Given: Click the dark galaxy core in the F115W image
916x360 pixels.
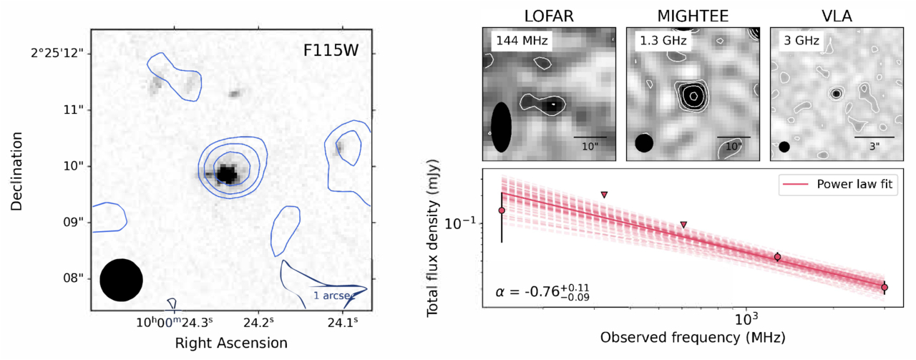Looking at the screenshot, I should point(227,174).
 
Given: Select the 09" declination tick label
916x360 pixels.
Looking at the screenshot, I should point(74,222).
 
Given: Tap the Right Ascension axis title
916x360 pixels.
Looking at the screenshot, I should point(231,344).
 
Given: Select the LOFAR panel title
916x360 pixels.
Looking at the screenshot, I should point(547,14).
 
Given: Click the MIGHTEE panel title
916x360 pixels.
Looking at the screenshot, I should point(690,14).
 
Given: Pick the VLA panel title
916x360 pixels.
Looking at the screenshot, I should point(834,14).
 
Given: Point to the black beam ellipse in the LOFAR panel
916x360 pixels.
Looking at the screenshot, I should point(502,127).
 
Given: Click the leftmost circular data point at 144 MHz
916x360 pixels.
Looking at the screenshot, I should point(502,210).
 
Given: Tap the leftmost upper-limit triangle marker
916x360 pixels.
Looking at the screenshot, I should point(605,195).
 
